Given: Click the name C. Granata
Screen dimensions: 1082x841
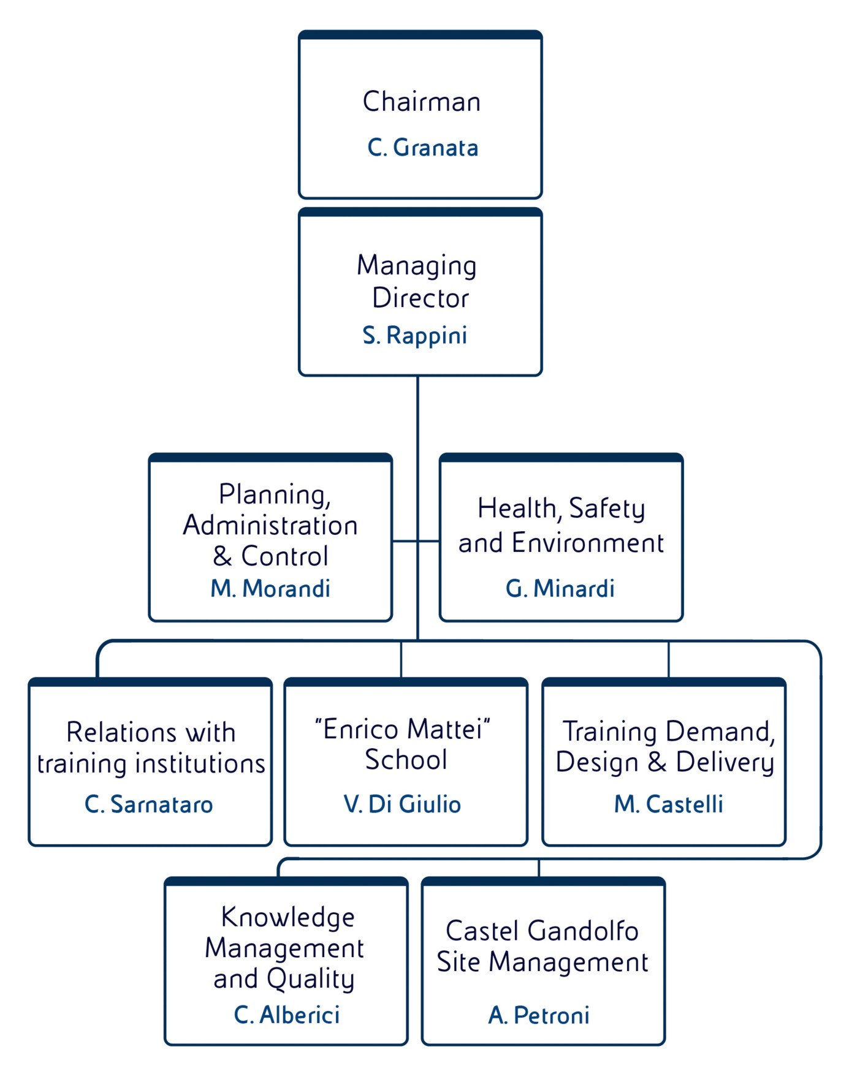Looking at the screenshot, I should tap(422, 148).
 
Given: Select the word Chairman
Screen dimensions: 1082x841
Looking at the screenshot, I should tap(422, 102).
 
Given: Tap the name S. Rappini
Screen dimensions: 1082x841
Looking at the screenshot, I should tap(415, 335).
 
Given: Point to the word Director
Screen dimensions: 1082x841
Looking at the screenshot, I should tap(420, 298).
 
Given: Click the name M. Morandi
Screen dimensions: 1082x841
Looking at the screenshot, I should tap(270, 588).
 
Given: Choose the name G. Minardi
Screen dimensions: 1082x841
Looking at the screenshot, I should tap(560, 588).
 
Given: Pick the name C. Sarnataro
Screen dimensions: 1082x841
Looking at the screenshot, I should tap(149, 804).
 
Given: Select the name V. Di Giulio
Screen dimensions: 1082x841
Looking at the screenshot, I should tap(403, 804).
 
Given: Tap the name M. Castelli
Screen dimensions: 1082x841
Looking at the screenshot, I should tap(669, 804).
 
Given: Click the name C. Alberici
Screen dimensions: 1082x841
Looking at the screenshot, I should tap(287, 1015).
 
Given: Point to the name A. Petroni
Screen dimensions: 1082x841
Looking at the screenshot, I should tap(539, 1015).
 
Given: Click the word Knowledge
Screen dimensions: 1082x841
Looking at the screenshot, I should tap(288, 918).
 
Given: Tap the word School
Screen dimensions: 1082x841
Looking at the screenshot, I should tap(406, 760).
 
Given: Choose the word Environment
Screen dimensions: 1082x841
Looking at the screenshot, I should tap(588, 543).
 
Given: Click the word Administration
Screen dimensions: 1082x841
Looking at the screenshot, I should tap(270, 526).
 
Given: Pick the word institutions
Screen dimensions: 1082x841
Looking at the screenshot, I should tap(200, 764).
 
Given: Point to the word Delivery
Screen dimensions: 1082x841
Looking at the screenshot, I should tap(725, 763).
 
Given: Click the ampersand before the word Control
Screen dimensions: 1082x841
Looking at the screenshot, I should tap(222, 556).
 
